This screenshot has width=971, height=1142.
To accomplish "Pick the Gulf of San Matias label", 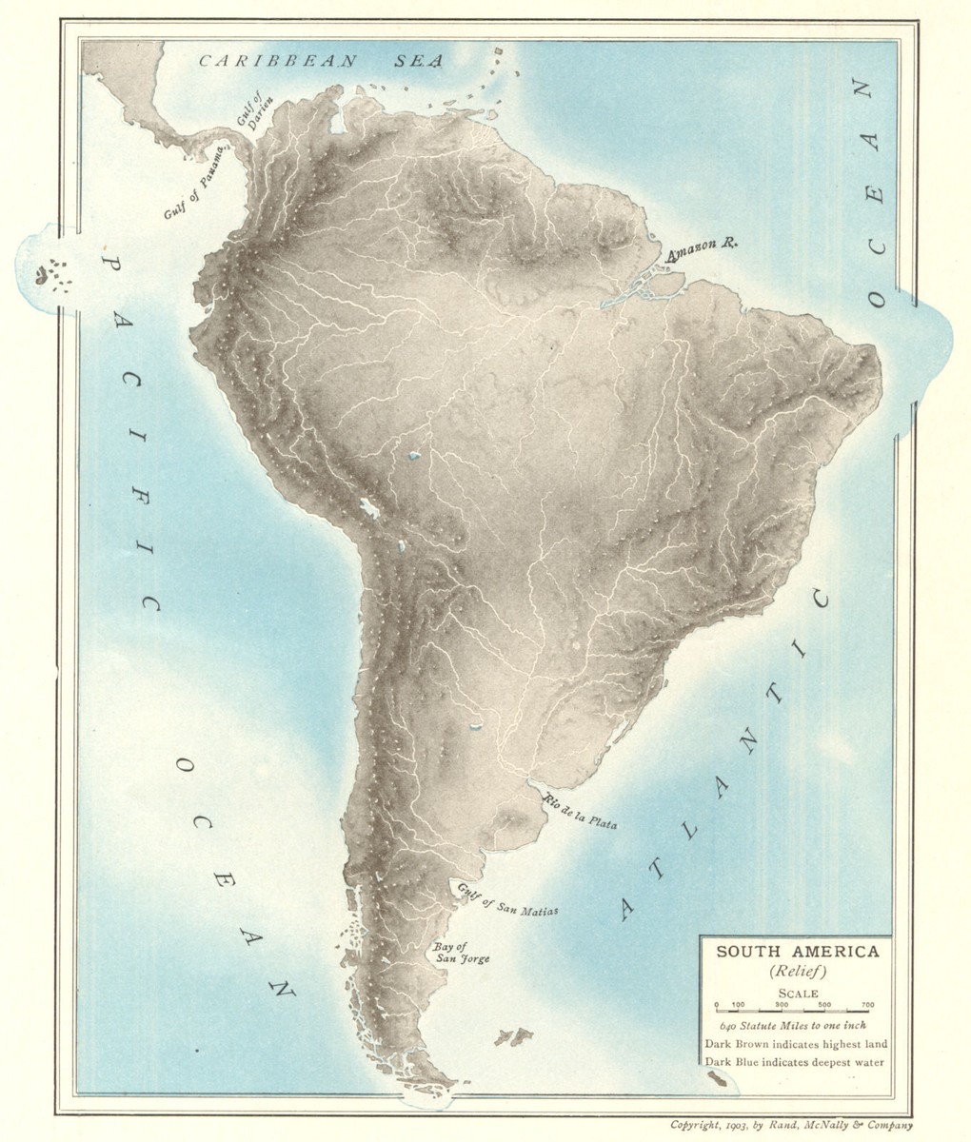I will pos(506,900).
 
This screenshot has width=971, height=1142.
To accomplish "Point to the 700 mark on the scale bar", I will pos(867,1006).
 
